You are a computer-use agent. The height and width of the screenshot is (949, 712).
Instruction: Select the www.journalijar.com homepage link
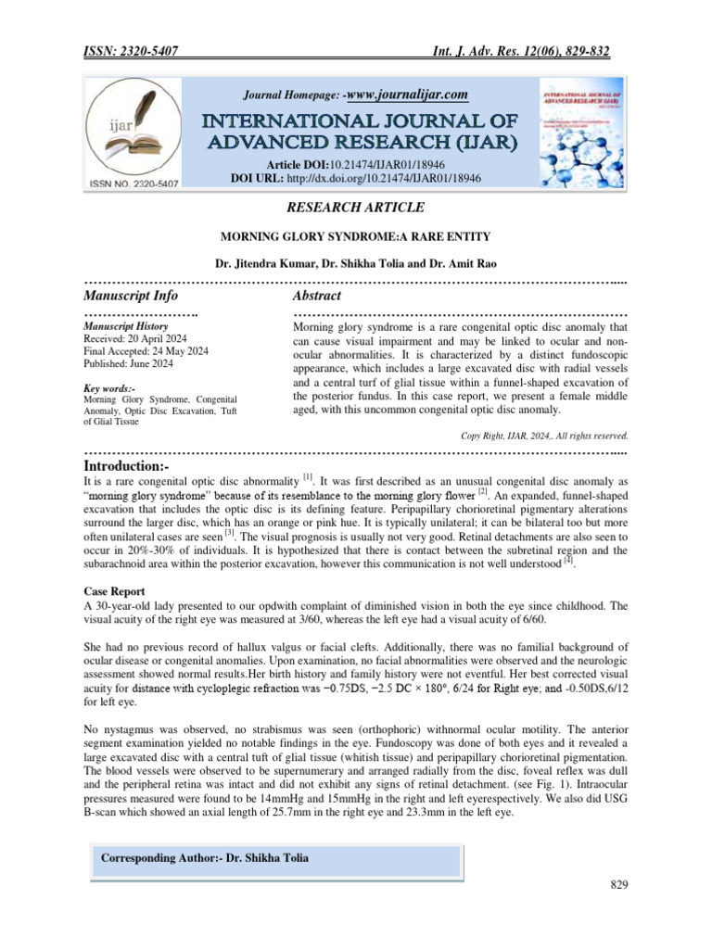coord(406,95)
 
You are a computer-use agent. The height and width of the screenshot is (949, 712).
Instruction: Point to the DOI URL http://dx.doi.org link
coord(384,176)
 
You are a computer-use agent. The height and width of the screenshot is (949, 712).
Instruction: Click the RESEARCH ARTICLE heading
coord(356,207)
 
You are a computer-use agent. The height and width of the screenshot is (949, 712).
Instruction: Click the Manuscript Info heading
coord(131,296)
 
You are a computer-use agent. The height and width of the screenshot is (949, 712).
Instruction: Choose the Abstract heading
coord(316,296)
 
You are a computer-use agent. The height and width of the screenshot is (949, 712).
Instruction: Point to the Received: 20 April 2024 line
coord(134,339)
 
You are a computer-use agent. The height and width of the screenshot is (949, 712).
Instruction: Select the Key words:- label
coord(109,388)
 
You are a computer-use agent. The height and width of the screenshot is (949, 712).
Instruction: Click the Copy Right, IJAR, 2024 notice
coord(544,434)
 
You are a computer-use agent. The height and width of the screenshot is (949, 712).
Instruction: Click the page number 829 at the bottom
coord(619,886)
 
